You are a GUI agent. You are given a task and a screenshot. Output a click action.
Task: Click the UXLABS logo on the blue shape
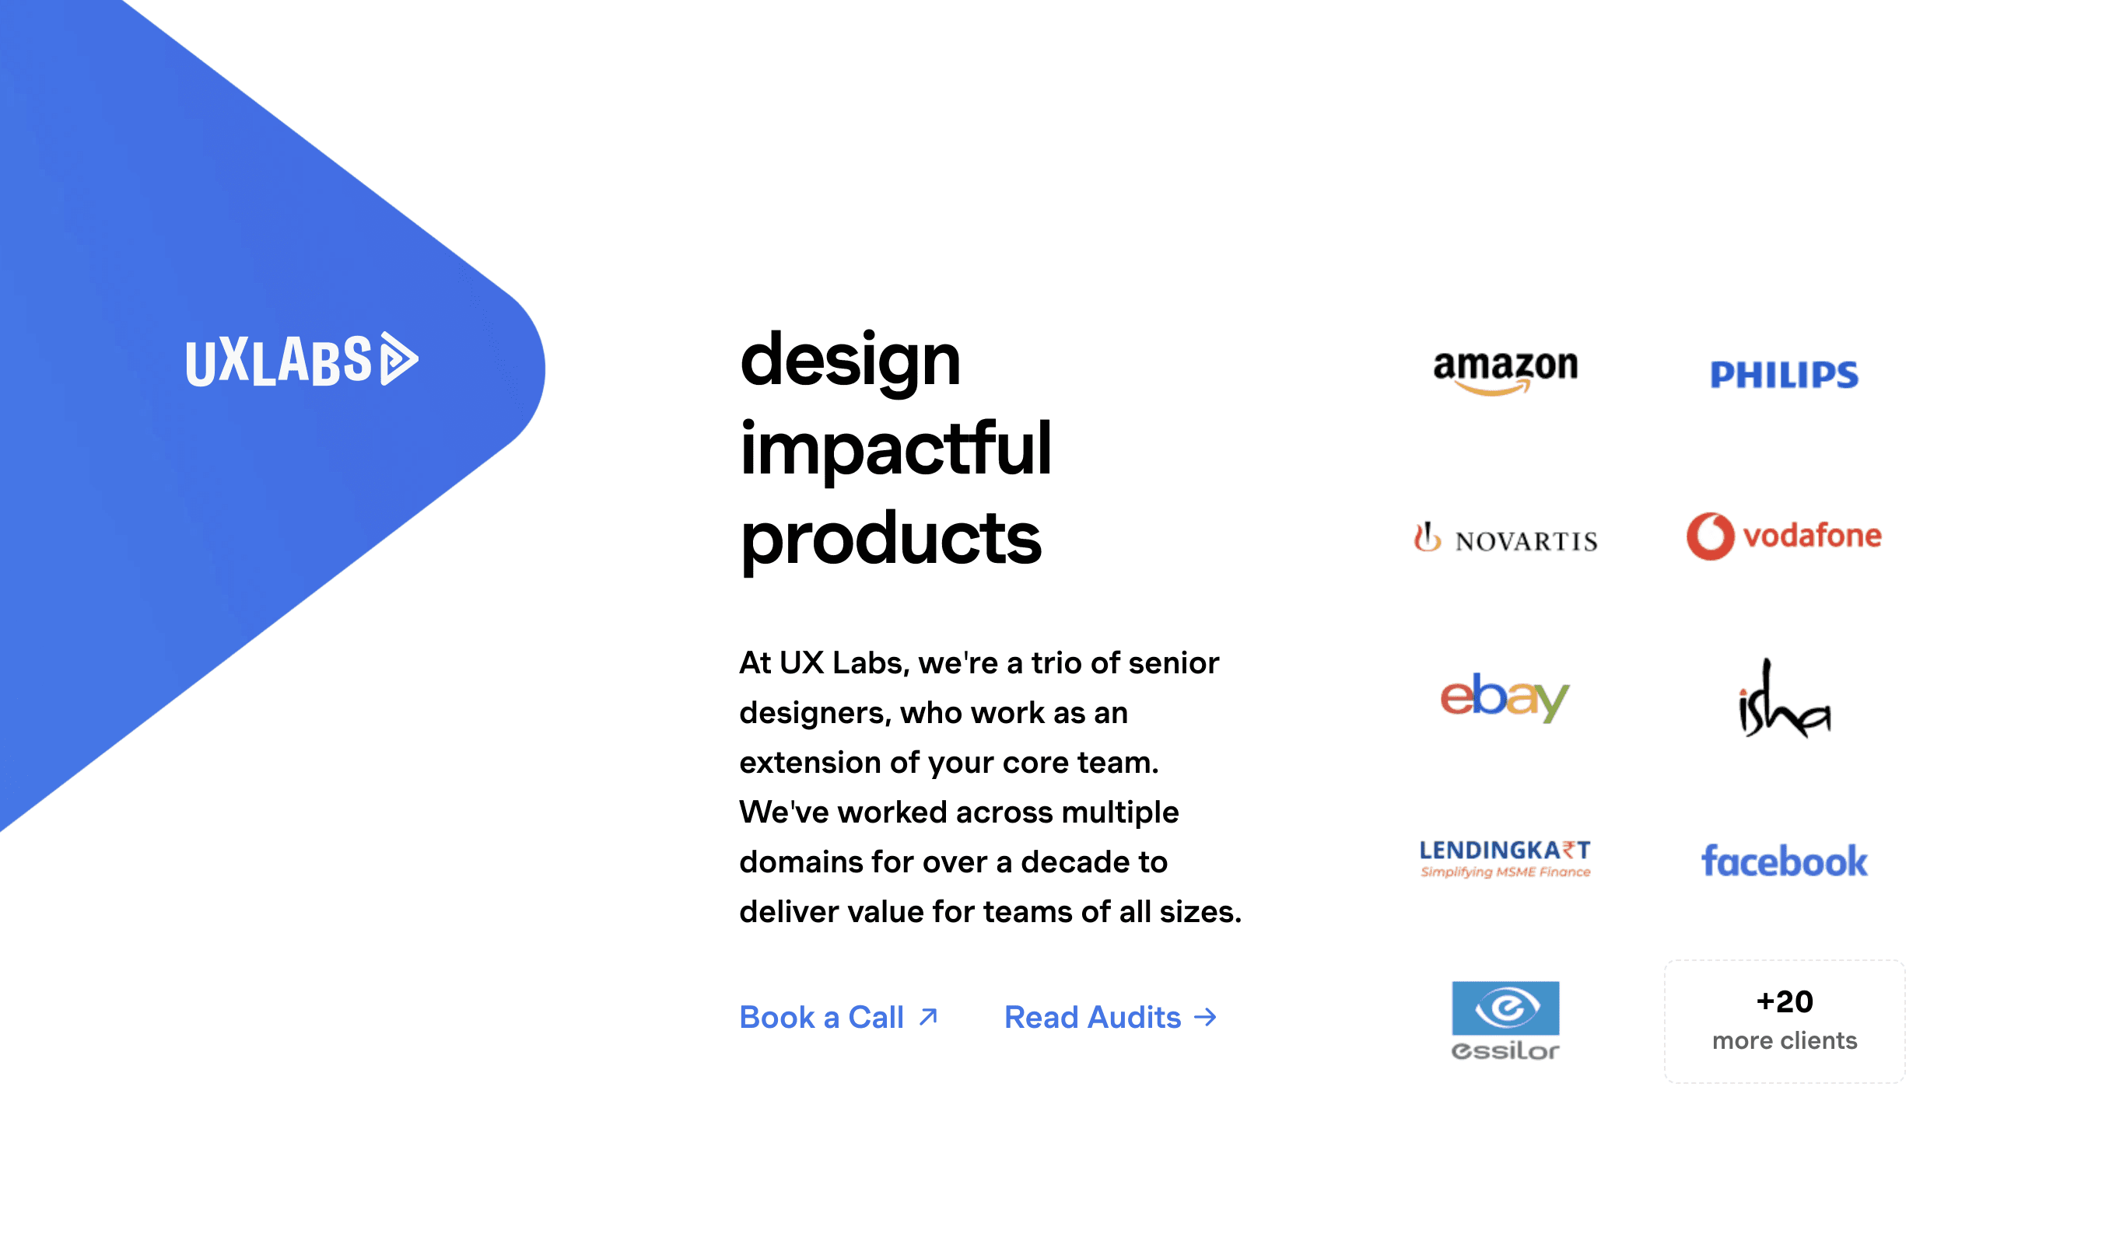[300, 361]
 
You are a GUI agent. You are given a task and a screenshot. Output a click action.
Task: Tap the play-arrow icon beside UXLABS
[399, 359]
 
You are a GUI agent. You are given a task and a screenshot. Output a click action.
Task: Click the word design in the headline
[850, 361]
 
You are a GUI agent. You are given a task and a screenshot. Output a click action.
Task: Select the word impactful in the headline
[895, 449]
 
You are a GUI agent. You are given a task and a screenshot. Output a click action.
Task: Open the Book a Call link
[822, 1018]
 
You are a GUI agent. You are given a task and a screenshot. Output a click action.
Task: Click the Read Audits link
[1092, 1018]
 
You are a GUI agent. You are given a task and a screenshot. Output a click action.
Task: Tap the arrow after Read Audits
[1206, 1018]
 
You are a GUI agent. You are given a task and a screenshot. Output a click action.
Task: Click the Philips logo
[1785, 375]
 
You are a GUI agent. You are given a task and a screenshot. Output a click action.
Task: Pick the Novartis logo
[1505, 539]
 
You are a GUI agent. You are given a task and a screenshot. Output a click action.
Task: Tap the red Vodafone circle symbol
[1710, 536]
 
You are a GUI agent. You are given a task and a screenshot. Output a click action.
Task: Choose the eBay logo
[1505, 697]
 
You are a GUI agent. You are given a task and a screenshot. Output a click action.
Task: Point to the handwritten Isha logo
[1785, 700]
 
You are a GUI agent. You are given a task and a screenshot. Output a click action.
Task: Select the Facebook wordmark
[1785, 861]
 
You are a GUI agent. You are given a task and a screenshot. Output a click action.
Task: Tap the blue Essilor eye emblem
[1505, 1008]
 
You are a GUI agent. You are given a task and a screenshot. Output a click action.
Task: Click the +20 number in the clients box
[1785, 1001]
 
